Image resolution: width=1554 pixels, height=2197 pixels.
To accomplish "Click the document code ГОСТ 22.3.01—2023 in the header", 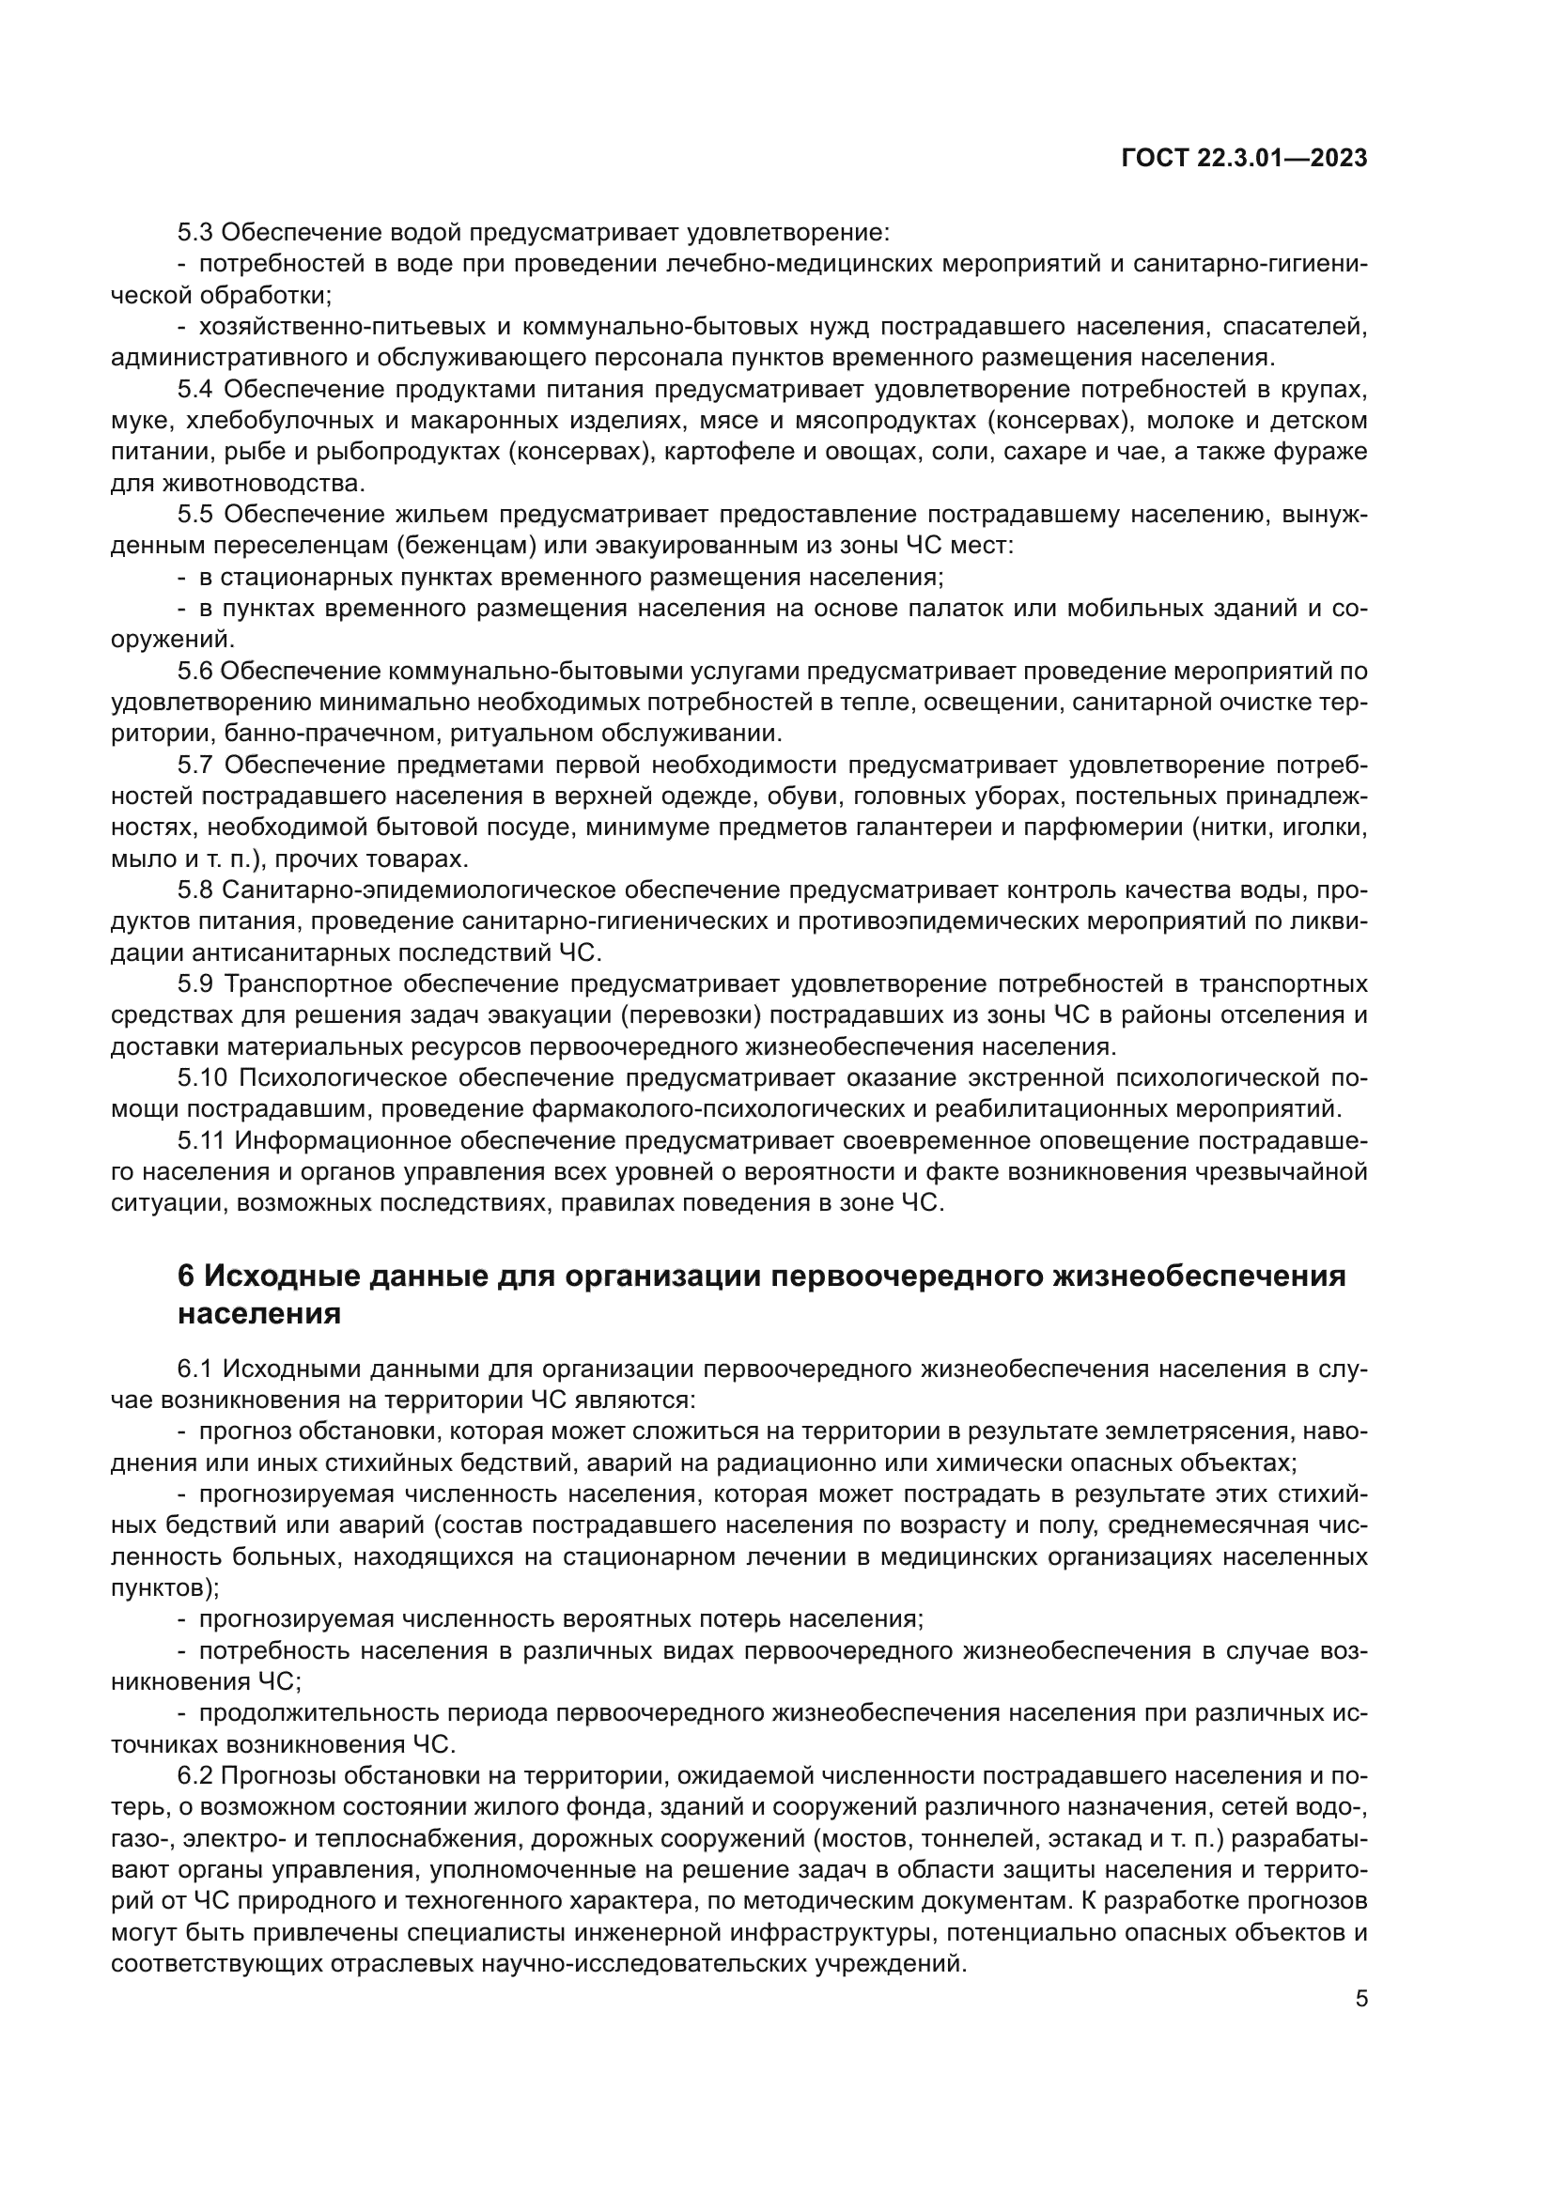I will [x=1244, y=159].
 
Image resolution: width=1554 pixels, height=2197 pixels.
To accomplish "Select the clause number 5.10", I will [x=202, y=1078].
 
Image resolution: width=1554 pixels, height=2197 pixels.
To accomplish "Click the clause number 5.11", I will [x=201, y=1141].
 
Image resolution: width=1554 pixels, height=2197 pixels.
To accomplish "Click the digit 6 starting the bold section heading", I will [x=187, y=1276].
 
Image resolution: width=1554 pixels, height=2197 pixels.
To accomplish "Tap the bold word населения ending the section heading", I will [x=259, y=1314].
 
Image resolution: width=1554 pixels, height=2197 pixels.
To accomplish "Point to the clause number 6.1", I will [x=195, y=1369].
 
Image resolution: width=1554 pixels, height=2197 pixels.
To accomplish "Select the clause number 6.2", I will [x=195, y=1777].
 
